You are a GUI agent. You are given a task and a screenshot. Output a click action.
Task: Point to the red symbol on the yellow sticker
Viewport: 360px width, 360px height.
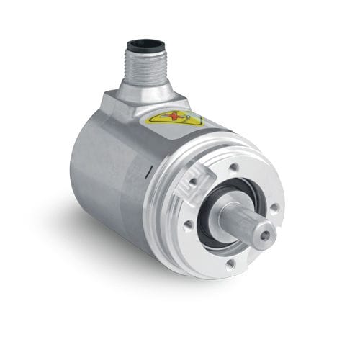[177, 118]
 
